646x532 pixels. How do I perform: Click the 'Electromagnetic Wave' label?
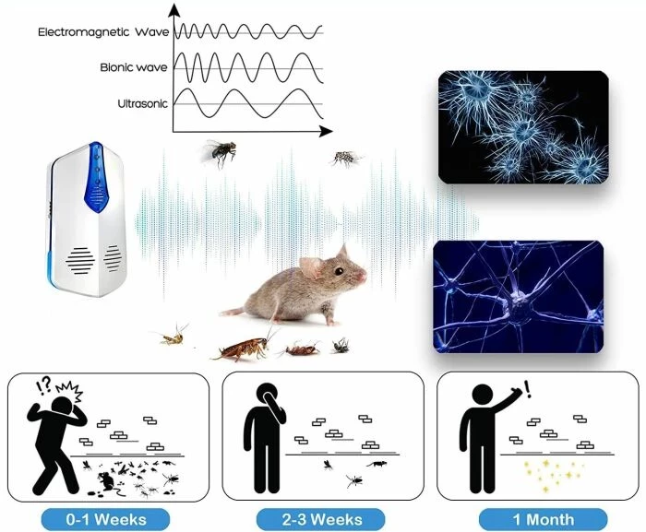pos(103,31)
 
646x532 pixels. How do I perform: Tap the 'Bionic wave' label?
pos(134,67)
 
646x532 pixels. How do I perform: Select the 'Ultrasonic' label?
pos(142,103)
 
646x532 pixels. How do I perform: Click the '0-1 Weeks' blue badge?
pos(106,519)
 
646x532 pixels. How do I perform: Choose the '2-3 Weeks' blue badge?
pos(321,519)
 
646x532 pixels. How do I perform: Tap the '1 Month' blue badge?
pos(543,519)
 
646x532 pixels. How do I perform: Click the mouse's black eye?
pos(339,271)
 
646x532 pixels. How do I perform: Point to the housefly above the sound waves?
pos(220,154)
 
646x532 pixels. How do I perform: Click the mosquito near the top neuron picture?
pos(345,158)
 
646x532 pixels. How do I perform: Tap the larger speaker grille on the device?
pos(80,261)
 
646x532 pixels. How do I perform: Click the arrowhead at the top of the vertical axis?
pos(175,9)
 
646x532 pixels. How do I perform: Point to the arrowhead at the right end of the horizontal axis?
pos(326,132)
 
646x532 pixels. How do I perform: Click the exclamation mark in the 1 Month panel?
pos(528,388)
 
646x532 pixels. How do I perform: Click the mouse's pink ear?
pos(311,266)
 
